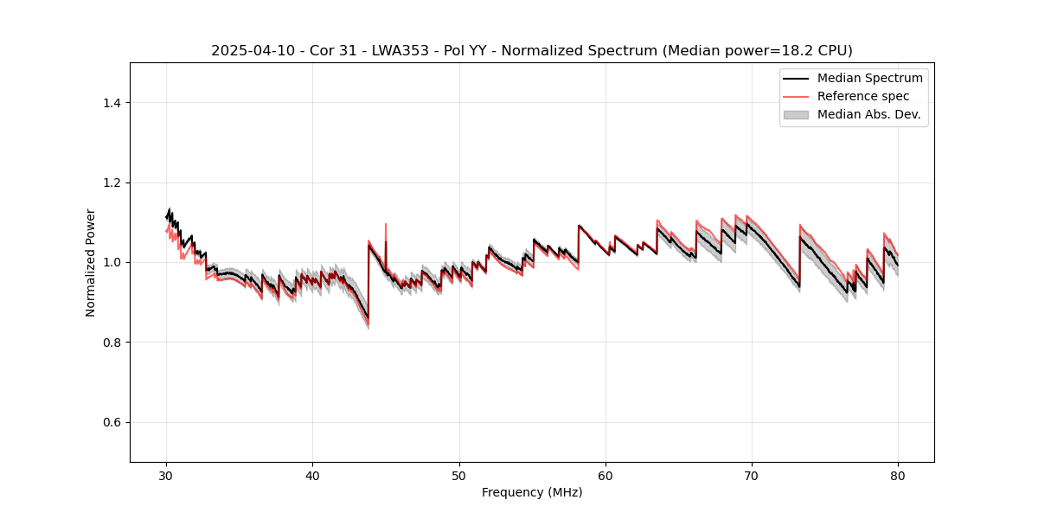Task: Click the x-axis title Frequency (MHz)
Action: [x=532, y=492]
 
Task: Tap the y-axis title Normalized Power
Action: [x=91, y=262]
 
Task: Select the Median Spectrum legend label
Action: [x=869, y=78]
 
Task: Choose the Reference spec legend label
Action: [x=863, y=96]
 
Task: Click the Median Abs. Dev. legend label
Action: [x=868, y=114]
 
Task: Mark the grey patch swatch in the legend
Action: [x=796, y=114]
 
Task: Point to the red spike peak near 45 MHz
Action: [x=386, y=224]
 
